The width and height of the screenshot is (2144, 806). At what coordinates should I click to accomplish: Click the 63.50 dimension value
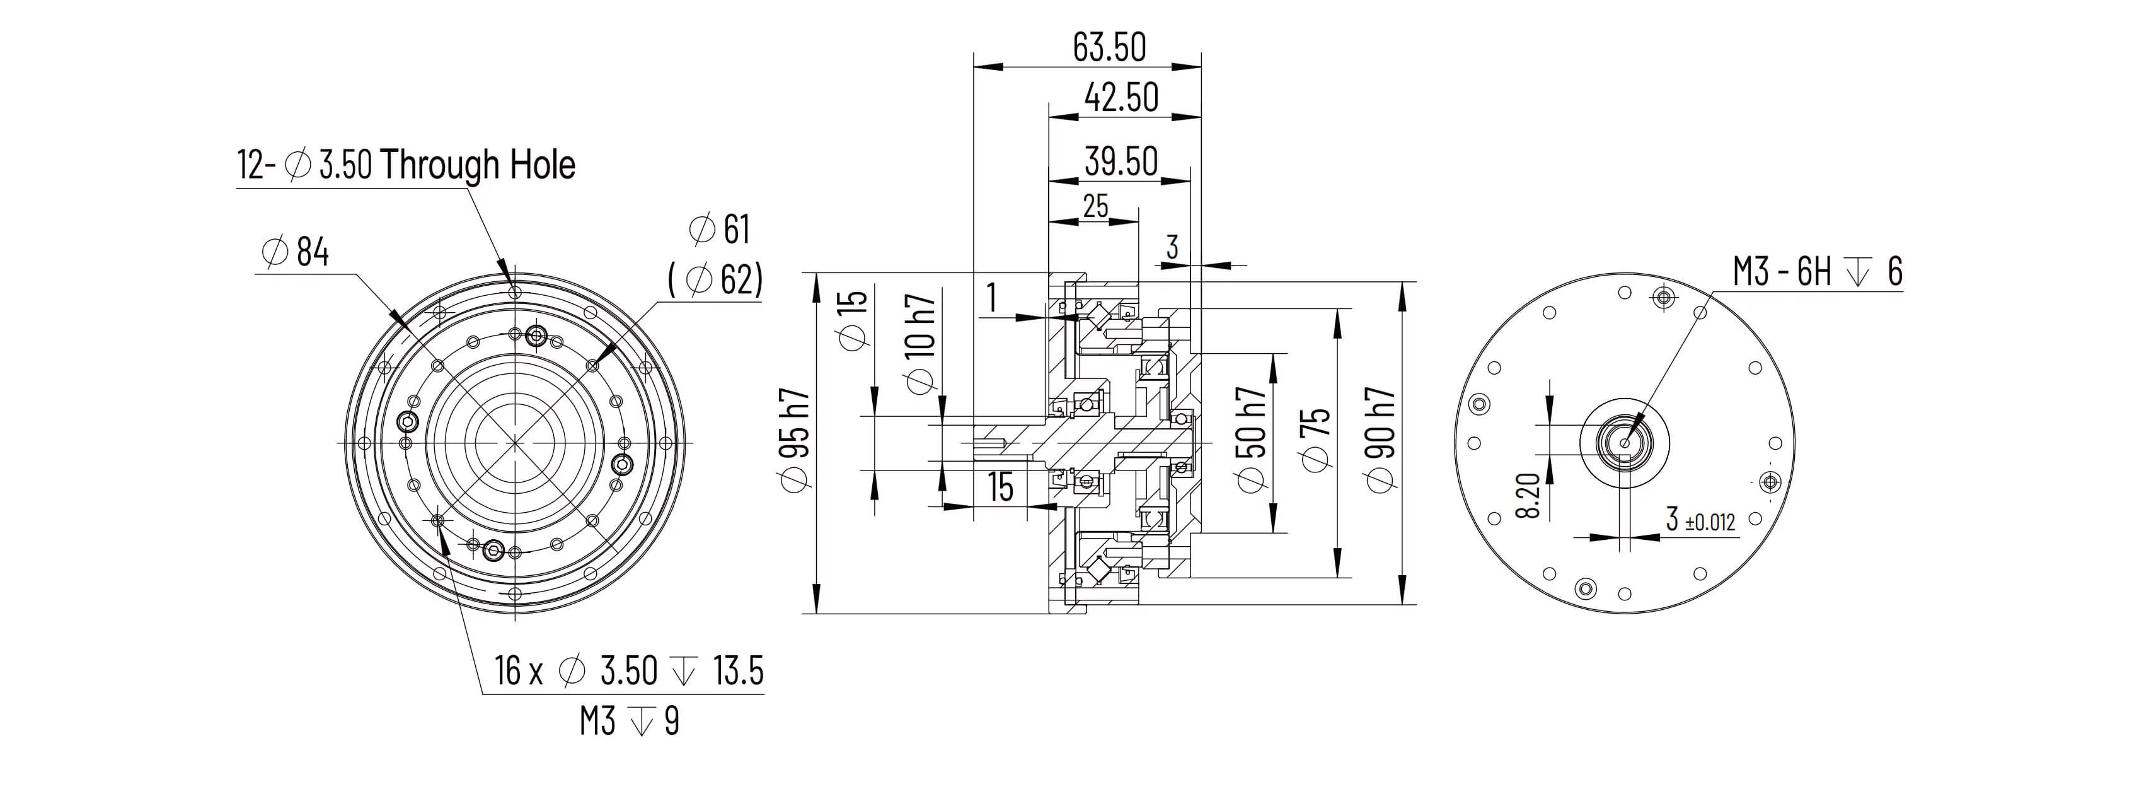click(x=1109, y=47)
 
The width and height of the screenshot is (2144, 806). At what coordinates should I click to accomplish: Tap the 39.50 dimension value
click(x=1121, y=161)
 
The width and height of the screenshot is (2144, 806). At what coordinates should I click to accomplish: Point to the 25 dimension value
click(x=1095, y=205)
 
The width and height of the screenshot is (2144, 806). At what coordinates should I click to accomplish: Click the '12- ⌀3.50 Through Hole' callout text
click(x=406, y=165)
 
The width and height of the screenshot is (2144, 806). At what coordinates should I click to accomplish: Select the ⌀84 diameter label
click(x=296, y=252)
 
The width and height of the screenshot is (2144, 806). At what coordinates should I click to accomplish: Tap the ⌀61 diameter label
click(x=720, y=229)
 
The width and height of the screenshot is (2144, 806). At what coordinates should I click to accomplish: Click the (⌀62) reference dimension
click(x=716, y=280)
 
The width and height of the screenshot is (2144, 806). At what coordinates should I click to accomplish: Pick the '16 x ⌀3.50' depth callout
click(x=628, y=670)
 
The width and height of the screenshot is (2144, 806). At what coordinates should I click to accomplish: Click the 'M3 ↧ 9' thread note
click(x=629, y=721)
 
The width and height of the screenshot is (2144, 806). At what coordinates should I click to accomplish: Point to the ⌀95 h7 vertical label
click(x=795, y=439)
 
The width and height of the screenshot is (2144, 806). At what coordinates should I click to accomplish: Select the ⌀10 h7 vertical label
click(x=921, y=343)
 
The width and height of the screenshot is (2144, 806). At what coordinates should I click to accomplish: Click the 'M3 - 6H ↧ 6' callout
click(x=1818, y=271)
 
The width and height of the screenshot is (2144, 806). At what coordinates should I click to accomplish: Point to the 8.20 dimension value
click(x=1528, y=496)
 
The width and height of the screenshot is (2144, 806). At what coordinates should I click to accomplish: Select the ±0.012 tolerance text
click(x=1710, y=523)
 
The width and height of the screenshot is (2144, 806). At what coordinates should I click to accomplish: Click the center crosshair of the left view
click(x=514, y=442)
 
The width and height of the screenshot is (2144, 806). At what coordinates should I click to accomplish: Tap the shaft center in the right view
click(x=1625, y=442)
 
